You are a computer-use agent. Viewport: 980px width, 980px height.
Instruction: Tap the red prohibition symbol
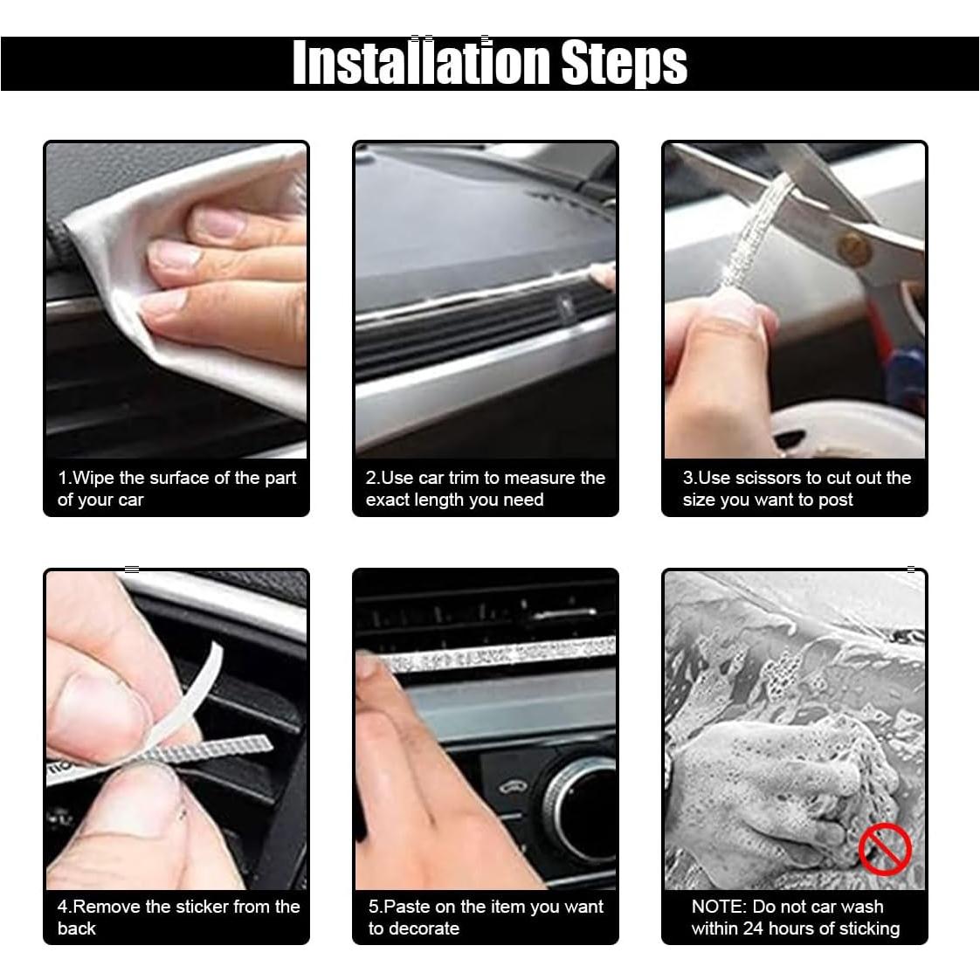point(885,849)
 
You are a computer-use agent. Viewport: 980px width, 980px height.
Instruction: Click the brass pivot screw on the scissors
point(853,248)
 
